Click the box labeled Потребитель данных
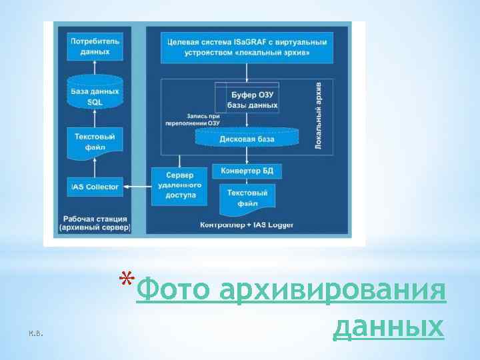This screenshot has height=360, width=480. click(x=95, y=46)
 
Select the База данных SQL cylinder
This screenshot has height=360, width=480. click(x=95, y=95)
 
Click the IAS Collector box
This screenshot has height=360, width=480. click(x=95, y=187)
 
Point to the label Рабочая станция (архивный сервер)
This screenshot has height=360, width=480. click(x=95, y=223)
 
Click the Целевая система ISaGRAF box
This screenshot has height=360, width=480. click(x=247, y=47)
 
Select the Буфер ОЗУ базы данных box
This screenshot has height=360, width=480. click(x=253, y=100)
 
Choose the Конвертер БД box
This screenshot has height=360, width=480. click(x=247, y=171)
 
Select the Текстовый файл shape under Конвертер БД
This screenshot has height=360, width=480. click(x=247, y=198)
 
